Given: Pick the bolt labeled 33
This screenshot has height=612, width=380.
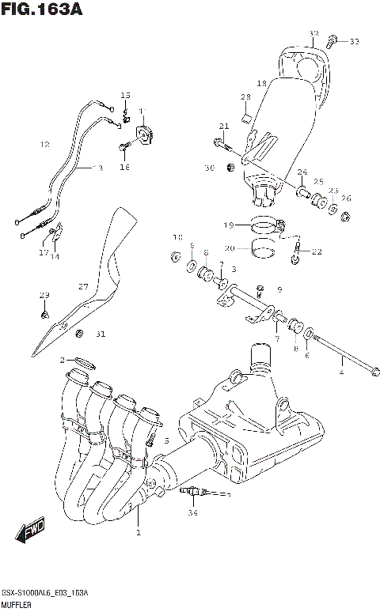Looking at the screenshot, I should click(x=333, y=40).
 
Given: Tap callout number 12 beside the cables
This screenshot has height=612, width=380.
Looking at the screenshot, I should click(x=44, y=145).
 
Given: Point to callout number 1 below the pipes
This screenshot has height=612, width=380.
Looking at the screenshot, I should click(x=137, y=533).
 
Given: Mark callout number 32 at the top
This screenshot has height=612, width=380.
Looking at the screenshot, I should click(x=313, y=34).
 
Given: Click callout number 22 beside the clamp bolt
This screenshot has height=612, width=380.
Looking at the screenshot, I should click(x=317, y=252).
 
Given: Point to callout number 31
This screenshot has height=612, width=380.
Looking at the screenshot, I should click(x=100, y=334).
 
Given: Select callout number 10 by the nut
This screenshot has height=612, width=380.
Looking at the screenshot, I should click(x=177, y=236).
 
